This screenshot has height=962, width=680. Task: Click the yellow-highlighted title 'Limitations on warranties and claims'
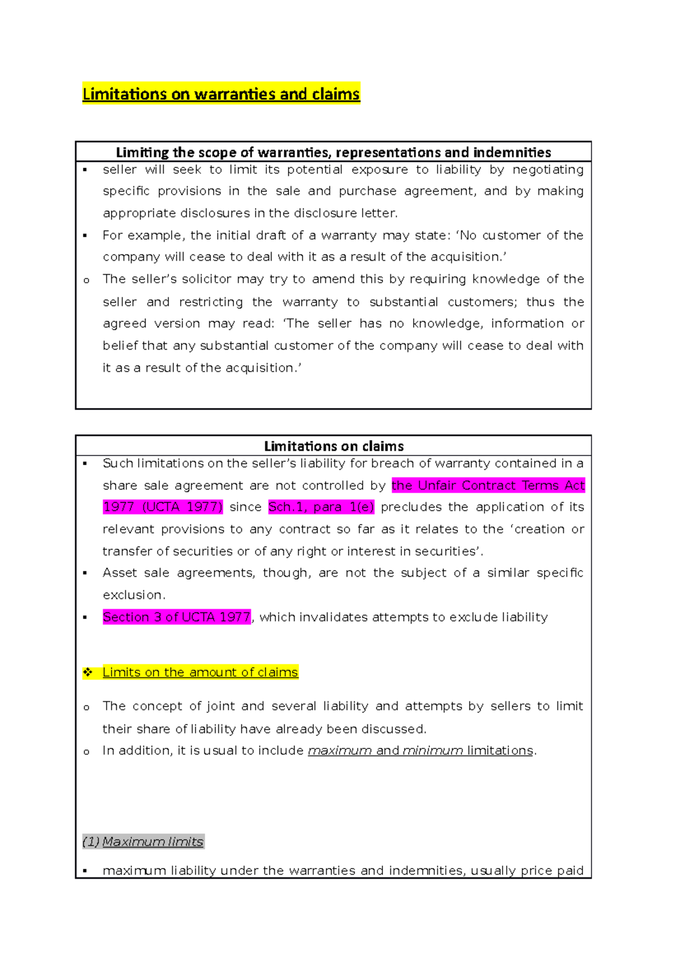point(221,93)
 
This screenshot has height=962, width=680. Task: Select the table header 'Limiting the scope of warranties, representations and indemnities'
point(333,152)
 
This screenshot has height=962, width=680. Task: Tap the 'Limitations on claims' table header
point(334,446)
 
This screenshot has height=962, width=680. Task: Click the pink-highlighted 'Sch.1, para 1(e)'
point(321,507)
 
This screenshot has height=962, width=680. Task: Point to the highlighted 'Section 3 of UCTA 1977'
point(176,617)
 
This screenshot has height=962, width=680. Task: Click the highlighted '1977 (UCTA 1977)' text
point(163,507)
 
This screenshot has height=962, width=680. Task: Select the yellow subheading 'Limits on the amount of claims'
point(200,672)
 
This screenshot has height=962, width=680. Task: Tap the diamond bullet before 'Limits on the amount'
point(88,672)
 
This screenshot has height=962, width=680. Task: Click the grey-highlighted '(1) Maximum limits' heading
point(143,842)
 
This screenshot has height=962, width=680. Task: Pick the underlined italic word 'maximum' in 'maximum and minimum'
point(339,751)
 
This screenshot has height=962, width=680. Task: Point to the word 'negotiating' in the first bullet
point(548,170)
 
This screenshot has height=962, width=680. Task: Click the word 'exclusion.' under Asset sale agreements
point(134,595)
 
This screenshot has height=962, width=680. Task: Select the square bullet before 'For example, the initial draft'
point(85,236)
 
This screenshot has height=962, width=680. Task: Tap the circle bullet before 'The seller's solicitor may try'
point(86,280)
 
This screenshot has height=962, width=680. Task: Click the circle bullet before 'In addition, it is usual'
point(86,752)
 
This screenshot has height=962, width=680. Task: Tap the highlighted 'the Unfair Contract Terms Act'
point(488,486)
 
